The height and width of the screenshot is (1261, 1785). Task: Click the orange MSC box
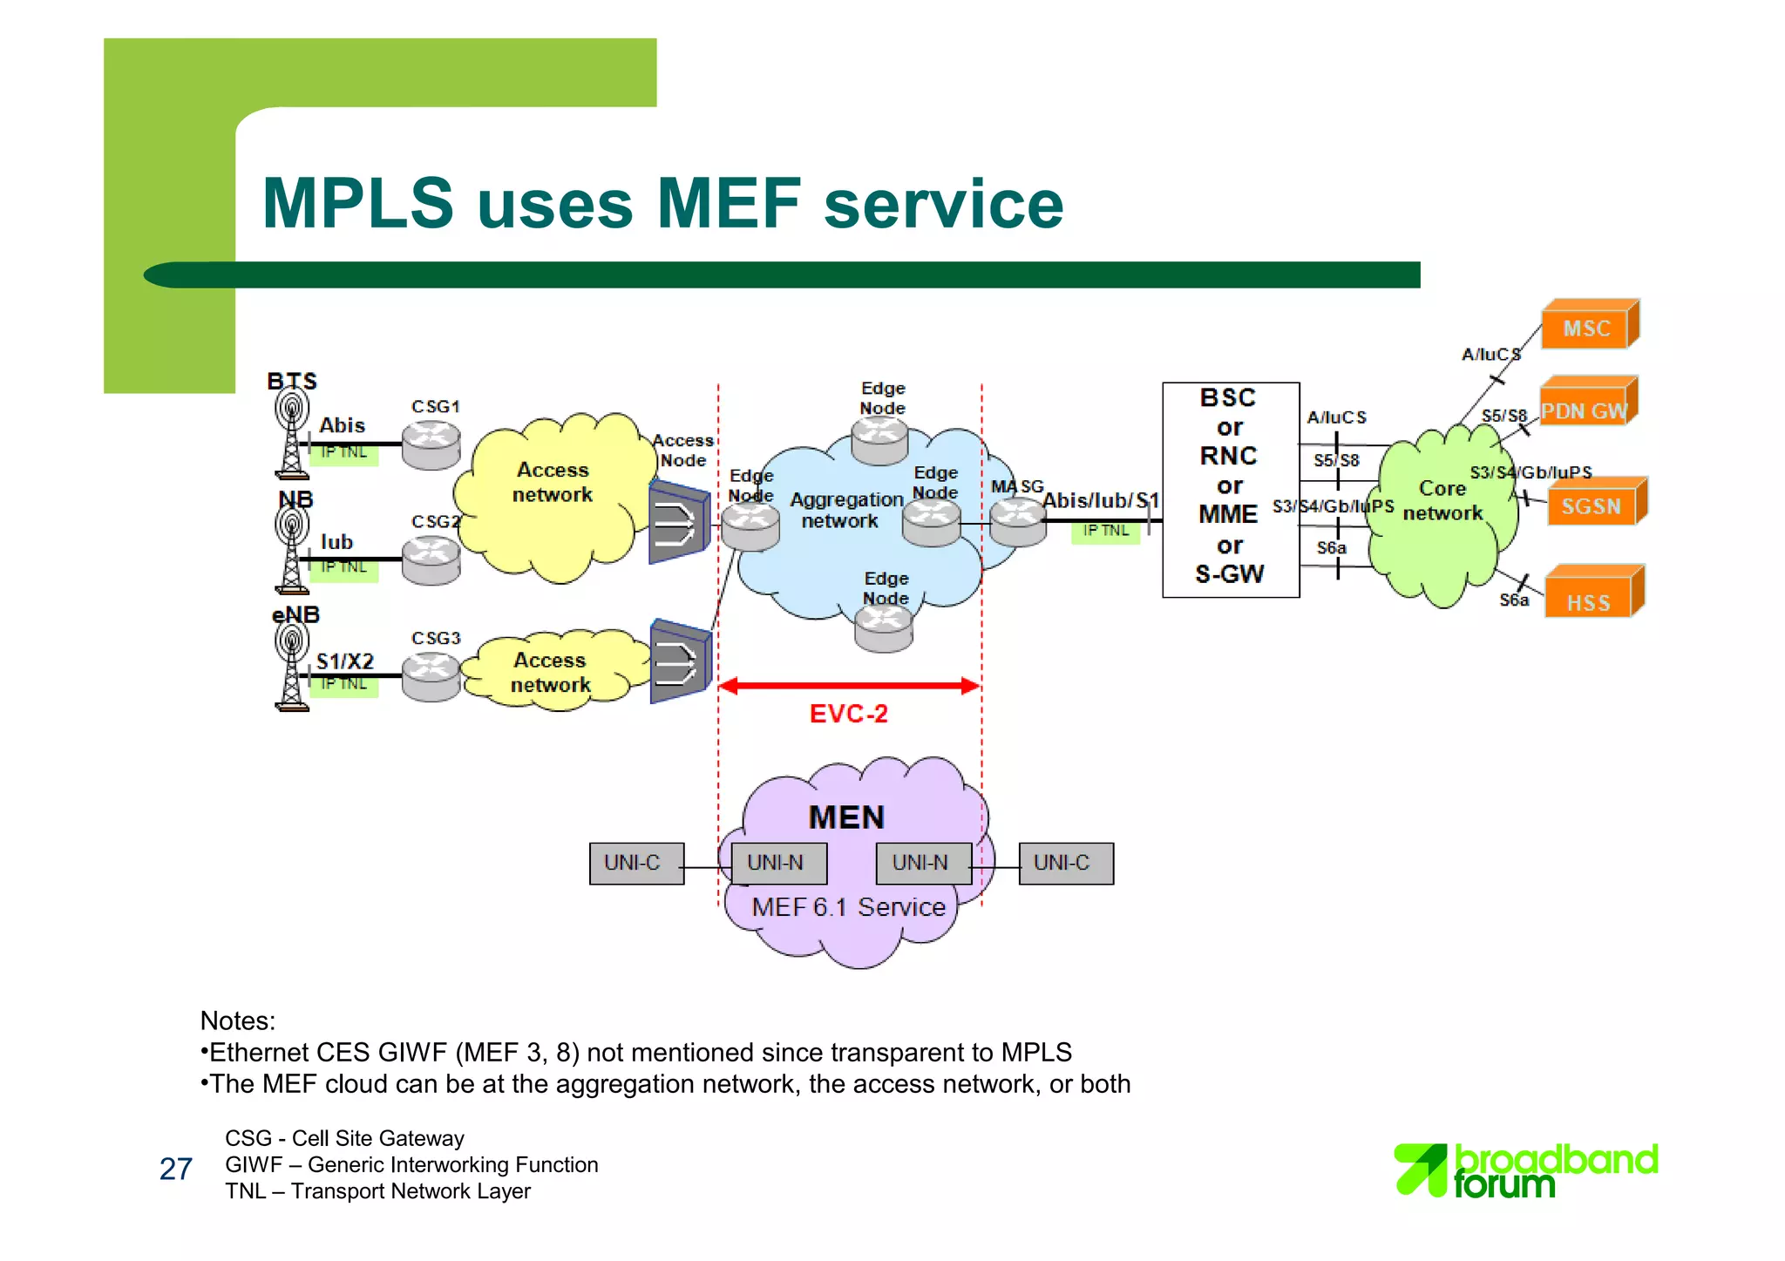tap(1587, 328)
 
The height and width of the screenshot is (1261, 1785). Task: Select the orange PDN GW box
tap(1585, 410)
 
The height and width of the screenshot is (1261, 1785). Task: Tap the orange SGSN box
tap(1592, 506)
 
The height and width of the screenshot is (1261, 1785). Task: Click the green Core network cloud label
tap(1442, 501)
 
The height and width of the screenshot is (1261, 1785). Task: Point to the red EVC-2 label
tap(848, 714)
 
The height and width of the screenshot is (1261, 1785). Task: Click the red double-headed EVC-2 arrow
tap(849, 686)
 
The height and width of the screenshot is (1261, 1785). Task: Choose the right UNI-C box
tap(1065, 863)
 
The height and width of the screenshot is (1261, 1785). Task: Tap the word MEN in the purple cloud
tap(846, 817)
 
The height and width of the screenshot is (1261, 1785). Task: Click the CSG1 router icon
tap(431, 444)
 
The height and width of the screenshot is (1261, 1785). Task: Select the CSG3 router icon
tap(431, 676)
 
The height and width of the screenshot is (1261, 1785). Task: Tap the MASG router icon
tap(1017, 521)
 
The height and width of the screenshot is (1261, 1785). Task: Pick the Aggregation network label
tap(845, 511)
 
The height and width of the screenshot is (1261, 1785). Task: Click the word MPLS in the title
tap(358, 204)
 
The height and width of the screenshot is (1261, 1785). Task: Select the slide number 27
tap(175, 1169)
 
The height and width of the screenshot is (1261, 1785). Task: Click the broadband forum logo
tap(1526, 1169)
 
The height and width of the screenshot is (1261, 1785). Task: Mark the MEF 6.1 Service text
tap(848, 907)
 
